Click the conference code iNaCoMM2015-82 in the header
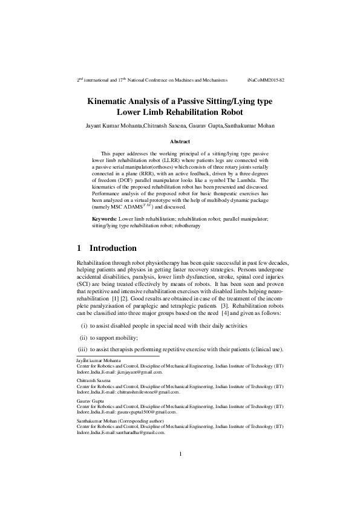tap(266, 79)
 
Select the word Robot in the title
tap(227, 112)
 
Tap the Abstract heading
tap(180, 141)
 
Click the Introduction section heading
tap(113, 248)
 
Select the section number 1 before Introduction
tap(79, 248)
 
